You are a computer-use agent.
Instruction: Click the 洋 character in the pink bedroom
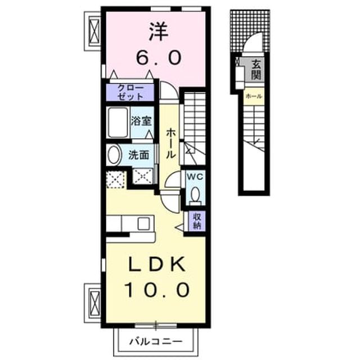click(159, 32)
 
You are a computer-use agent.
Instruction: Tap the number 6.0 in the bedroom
click(159, 57)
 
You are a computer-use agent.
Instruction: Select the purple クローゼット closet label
click(130, 92)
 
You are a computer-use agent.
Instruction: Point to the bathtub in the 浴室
click(118, 122)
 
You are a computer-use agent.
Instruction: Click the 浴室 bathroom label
click(141, 121)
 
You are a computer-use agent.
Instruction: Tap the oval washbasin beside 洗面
click(114, 155)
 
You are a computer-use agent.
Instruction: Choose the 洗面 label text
click(139, 155)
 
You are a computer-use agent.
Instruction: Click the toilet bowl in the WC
click(195, 194)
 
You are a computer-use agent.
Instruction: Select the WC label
click(195, 177)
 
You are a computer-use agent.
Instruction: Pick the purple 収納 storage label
click(197, 221)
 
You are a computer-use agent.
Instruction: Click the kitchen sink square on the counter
click(144, 224)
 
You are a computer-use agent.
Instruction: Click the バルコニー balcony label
click(156, 341)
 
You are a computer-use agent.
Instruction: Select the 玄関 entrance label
click(256, 69)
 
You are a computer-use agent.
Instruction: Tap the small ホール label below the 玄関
click(254, 96)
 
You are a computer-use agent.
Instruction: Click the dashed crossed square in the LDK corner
click(116, 180)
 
